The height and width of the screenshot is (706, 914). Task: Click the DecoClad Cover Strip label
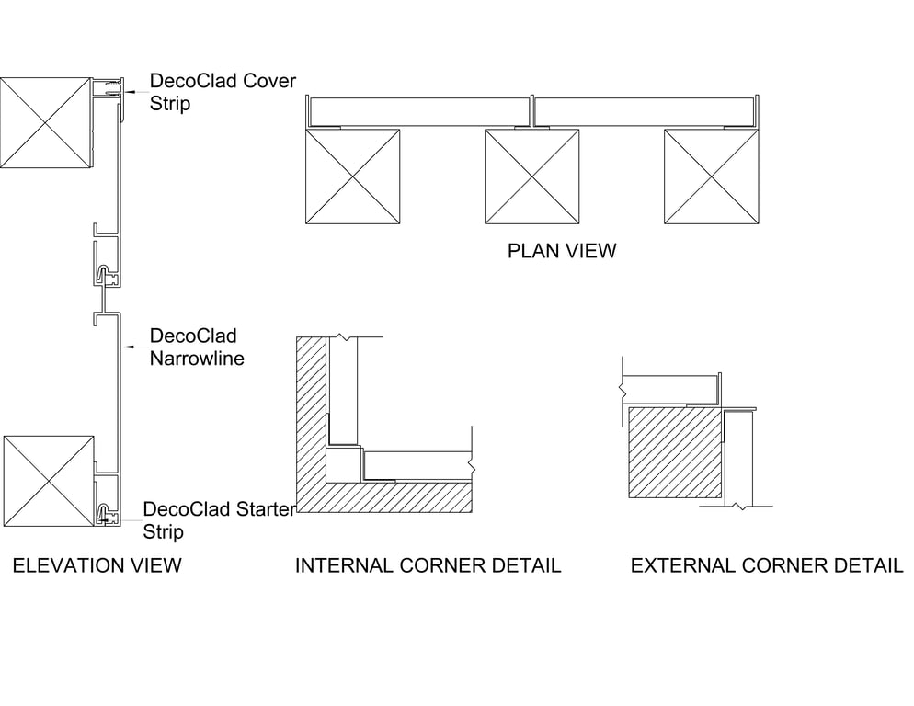click(x=223, y=92)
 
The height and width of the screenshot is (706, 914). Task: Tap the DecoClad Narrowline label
click(x=197, y=347)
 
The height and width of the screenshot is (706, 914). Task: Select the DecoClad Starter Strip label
click(x=219, y=520)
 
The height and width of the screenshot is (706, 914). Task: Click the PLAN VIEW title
click(x=562, y=250)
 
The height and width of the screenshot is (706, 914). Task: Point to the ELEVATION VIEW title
click(x=97, y=564)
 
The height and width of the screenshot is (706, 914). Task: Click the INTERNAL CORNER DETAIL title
click(x=428, y=565)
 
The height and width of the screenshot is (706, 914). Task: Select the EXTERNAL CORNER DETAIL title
click(x=766, y=565)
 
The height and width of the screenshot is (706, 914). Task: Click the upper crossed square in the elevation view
click(x=46, y=122)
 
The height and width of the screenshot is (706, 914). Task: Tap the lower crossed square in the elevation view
click(x=49, y=482)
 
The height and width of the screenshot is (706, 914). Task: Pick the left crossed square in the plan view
click(x=352, y=176)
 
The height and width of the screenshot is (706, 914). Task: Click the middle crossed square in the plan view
click(x=532, y=176)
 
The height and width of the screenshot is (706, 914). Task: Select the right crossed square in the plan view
click(x=712, y=176)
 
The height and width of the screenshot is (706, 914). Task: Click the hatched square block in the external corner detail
click(x=674, y=452)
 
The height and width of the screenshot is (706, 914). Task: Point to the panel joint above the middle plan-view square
click(x=532, y=111)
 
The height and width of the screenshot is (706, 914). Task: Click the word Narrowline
click(x=197, y=359)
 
